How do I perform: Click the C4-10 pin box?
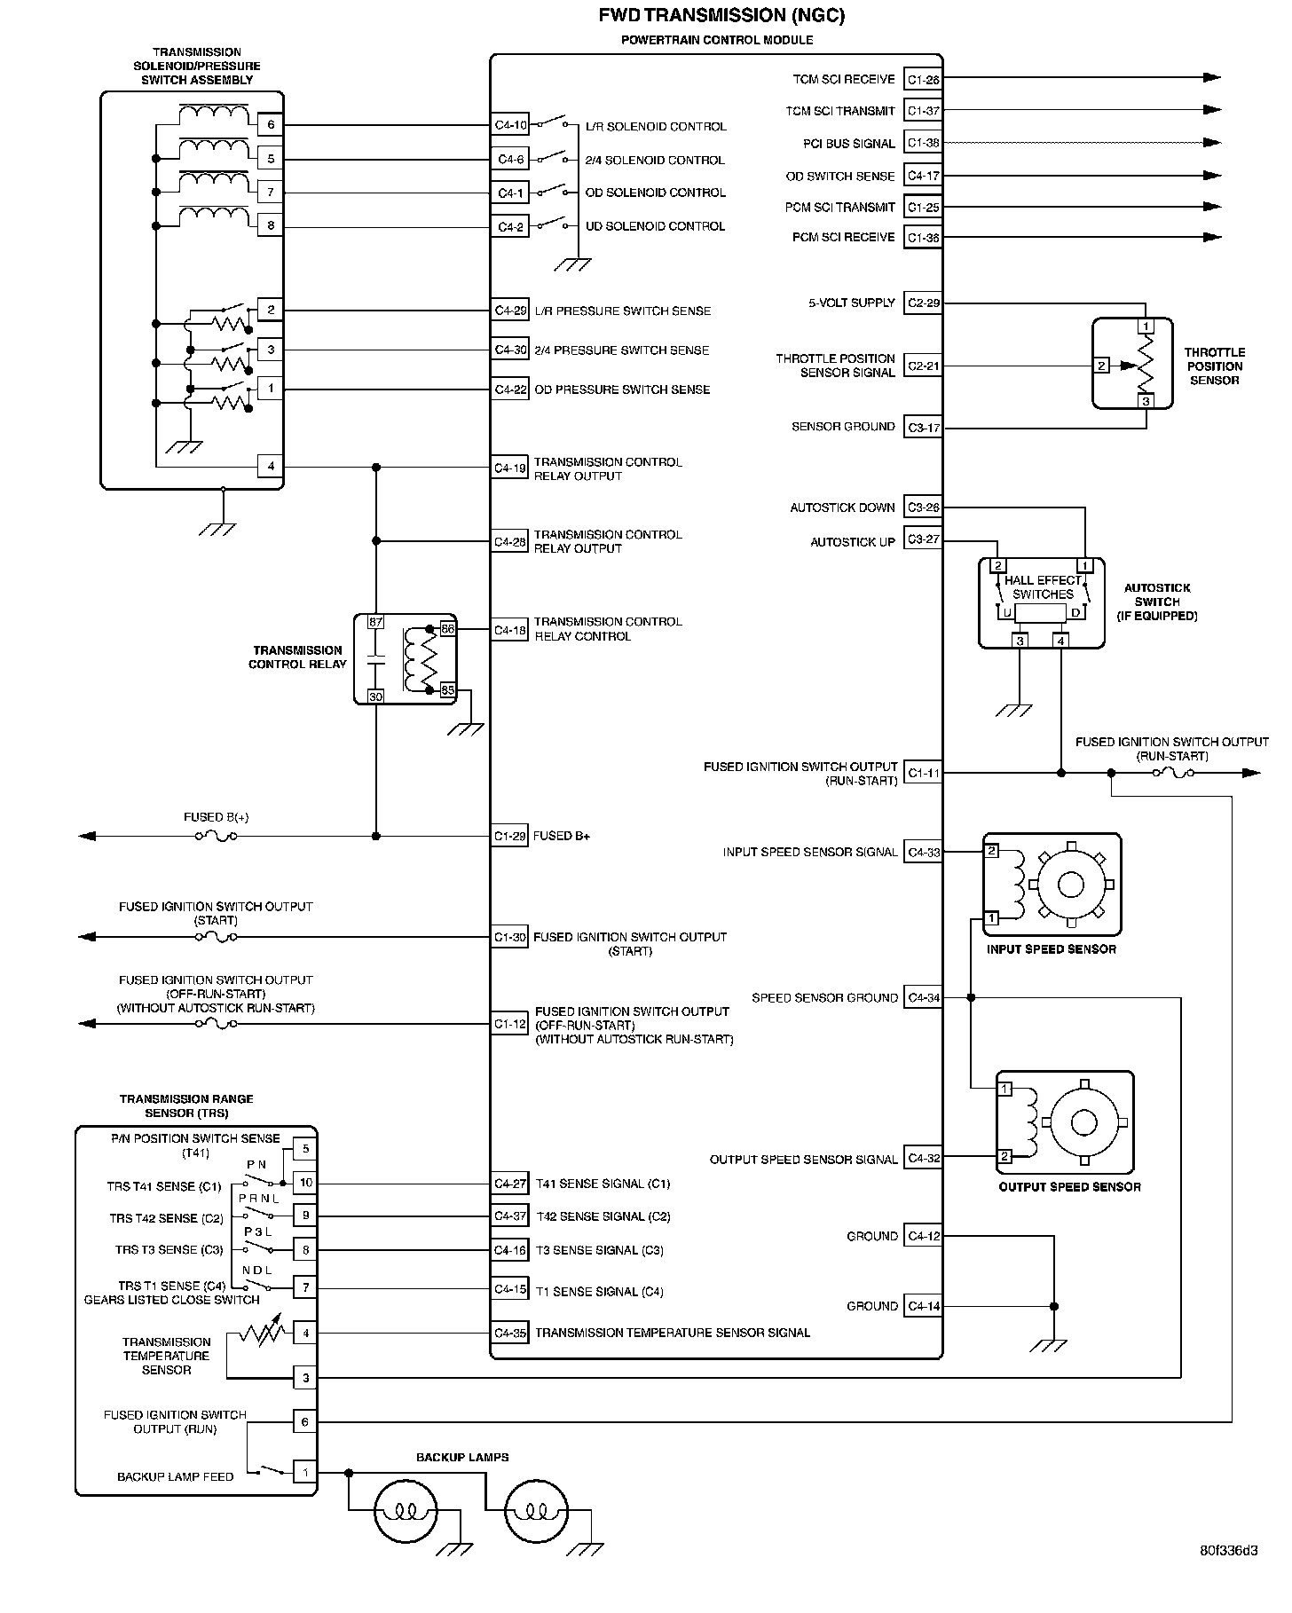click(510, 125)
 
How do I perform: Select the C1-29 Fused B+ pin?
click(510, 836)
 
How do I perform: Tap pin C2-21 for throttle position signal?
click(923, 366)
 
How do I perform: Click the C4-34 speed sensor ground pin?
click(923, 998)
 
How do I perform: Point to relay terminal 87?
click(375, 622)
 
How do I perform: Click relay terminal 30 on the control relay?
click(375, 696)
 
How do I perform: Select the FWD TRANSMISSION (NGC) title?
click(721, 15)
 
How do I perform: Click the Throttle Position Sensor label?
click(1214, 366)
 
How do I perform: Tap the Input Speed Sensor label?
click(1052, 949)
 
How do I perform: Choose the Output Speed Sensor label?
click(1069, 1187)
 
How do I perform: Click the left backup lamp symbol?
click(405, 1510)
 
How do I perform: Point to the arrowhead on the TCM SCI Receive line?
click(1212, 78)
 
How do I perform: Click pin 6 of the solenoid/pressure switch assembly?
click(271, 125)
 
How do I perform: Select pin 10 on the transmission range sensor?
click(305, 1183)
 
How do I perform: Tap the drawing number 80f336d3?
click(1229, 1576)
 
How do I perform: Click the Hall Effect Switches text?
click(1044, 587)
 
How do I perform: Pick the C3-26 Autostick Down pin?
click(923, 508)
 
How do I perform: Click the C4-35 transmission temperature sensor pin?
click(510, 1333)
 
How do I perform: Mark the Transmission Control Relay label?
click(297, 657)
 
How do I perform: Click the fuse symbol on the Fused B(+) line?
click(216, 836)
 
